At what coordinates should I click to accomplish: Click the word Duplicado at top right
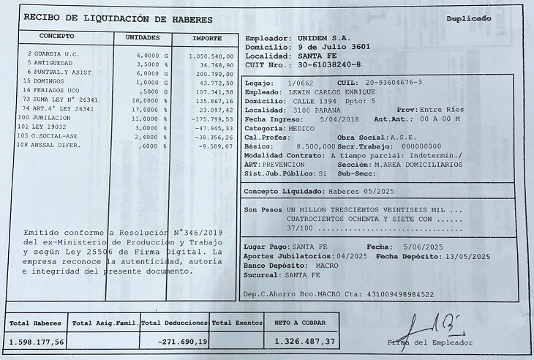tap(469, 18)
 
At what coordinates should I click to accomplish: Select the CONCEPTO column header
tap(57, 36)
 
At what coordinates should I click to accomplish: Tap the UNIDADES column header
tap(143, 37)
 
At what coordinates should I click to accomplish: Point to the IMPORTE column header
tap(208, 37)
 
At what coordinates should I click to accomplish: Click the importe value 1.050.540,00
tap(211, 56)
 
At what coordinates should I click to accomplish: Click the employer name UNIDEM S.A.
tap(324, 37)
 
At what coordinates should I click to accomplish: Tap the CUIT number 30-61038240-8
tap(328, 64)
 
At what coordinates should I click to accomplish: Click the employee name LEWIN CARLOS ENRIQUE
tap(339, 92)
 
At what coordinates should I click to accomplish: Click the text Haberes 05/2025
tap(353, 191)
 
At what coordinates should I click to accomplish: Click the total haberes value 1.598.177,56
tap(37, 341)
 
